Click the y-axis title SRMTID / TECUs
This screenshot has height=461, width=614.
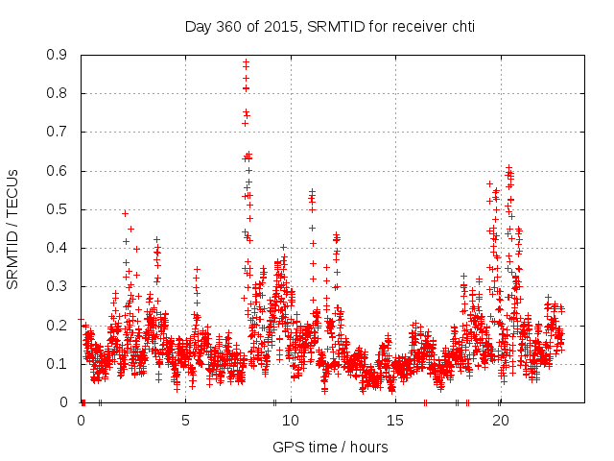click(x=12, y=230)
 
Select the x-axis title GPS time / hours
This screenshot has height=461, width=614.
click(x=330, y=447)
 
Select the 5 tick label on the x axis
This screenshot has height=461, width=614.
click(x=185, y=420)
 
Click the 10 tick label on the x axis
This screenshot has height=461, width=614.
click(x=290, y=420)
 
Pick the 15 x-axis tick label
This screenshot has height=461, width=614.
click(x=394, y=420)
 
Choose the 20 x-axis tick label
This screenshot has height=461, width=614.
click(x=500, y=420)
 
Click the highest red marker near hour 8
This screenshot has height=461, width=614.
click(x=246, y=62)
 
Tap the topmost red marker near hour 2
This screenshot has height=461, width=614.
click(x=125, y=213)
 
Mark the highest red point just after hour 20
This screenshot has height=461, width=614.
click(x=508, y=167)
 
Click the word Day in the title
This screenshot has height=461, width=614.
click(x=198, y=26)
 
